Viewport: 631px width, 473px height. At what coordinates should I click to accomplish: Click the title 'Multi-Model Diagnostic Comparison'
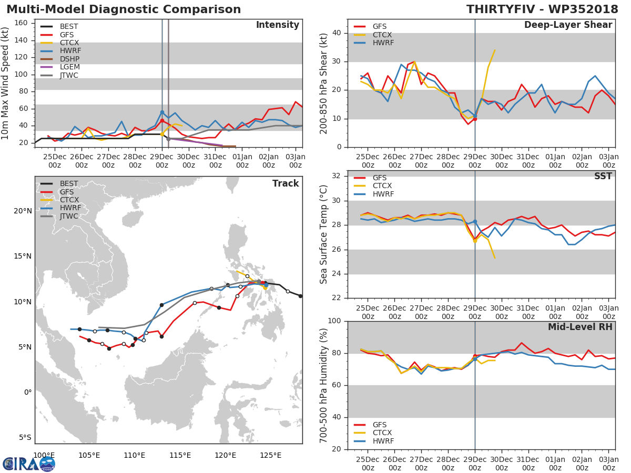pyautogui.click(x=124, y=9)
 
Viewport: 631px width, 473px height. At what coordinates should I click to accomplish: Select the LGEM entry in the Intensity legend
pyautogui.click(x=70, y=67)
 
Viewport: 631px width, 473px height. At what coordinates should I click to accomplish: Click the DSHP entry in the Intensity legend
pyautogui.click(x=70, y=59)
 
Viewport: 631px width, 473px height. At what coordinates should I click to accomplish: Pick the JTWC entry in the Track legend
pyautogui.click(x=69, y=217)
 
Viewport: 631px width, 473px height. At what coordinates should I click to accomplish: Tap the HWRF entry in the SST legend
pyautogui.click(x=383, y=194)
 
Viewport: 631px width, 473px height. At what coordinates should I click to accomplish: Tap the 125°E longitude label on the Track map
pyautogui.click(x=270, y=455)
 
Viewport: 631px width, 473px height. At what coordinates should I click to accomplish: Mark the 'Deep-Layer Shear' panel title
pyautogui.click(x=568, y=25)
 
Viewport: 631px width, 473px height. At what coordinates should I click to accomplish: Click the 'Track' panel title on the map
pyautogui.click(x=285, y=183)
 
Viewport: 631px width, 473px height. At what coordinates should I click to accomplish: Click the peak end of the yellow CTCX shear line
pyautogui.click(x=495, y=50)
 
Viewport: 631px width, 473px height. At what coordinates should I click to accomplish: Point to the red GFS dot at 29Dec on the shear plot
pyautogui.click(x=474, y=119)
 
